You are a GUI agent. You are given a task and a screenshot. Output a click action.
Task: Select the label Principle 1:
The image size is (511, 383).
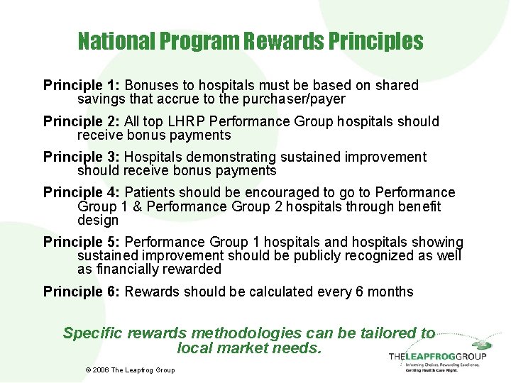point(82,86)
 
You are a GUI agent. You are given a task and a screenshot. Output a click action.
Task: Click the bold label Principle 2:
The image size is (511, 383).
point(82,122)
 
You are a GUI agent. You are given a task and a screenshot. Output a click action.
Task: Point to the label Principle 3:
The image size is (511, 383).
point(82,157)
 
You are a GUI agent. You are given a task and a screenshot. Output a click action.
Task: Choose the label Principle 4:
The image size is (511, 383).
point(82,193)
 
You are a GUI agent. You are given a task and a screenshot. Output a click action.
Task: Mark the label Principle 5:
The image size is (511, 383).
point(82,243)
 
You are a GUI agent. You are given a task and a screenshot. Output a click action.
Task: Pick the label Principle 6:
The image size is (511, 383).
point(82,292)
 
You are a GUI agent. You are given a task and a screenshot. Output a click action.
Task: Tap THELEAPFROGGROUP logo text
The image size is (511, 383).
point(437,355)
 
